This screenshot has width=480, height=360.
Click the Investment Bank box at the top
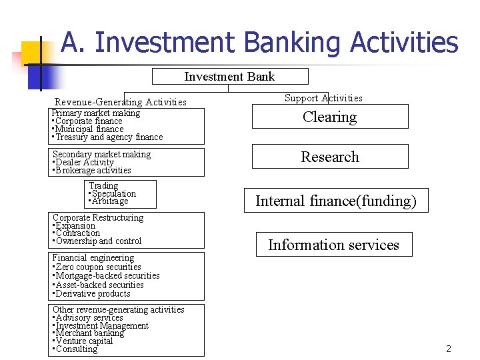229,76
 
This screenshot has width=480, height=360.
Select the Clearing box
329,117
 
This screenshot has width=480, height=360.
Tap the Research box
329,157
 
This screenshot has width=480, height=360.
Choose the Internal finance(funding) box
335,201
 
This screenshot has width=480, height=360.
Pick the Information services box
333,245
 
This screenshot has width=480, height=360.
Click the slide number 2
449,349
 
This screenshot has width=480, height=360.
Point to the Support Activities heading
323,98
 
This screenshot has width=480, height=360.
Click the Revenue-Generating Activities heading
120,102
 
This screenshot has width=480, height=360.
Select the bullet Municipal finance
89,129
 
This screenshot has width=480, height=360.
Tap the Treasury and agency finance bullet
109,137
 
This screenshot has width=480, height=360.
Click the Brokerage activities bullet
93,170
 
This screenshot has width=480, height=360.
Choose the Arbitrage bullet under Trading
109,201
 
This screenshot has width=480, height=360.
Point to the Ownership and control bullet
98,241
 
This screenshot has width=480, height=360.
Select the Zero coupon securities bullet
98,267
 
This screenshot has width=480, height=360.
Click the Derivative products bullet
93,293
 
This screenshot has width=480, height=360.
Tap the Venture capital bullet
84,341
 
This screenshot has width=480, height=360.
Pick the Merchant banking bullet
89,333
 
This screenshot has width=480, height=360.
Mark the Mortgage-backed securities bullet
107,275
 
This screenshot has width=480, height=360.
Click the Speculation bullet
113,193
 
